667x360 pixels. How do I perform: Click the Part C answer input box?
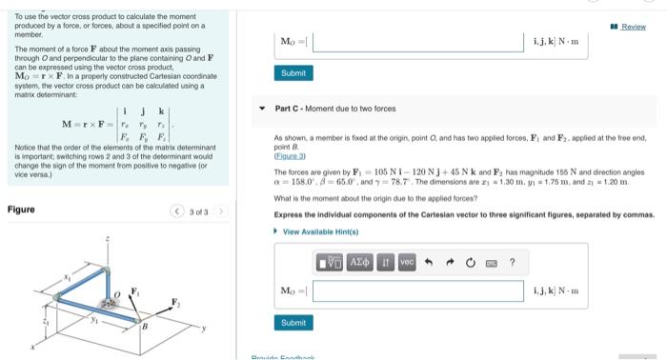tap(419, 290)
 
